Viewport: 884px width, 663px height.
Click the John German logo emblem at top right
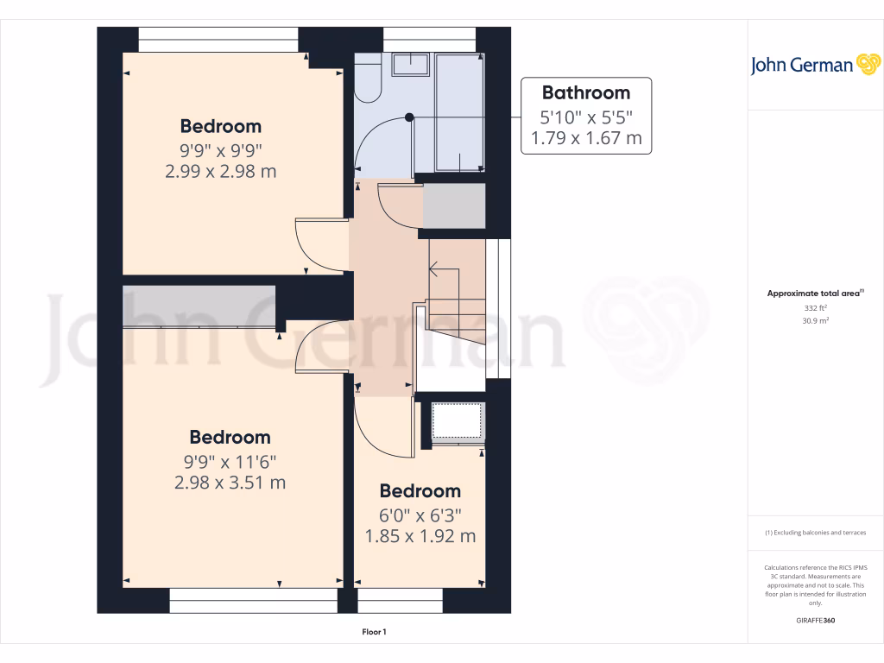click(x=867, y=65)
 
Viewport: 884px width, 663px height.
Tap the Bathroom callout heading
click(x=585, y=92)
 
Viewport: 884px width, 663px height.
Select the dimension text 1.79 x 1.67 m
click(x=585, y=137)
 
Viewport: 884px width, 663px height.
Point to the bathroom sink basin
click(x=410, y=65)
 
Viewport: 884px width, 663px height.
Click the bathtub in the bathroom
click(x=459, y=112)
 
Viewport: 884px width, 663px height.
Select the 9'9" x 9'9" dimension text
click(x=220, y=148)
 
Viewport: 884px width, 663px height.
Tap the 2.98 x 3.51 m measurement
click(x=230, y=483)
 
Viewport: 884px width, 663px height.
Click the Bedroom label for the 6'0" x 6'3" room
click(x=420, y=491)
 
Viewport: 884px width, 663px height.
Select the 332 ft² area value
click(x=815, y=307)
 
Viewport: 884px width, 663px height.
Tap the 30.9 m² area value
click(x=815, y=320)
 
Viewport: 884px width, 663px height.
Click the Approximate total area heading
click(x=814, y=294)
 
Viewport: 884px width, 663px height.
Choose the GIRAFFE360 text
click(x=816, y=621)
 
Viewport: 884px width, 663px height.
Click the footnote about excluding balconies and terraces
click(x=816, y=533)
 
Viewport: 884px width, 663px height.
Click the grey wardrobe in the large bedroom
click(x=199, y=306)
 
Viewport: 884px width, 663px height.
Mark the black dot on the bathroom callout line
click(x=410, y=117)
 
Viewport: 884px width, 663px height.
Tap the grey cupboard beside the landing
click(x=453, y=205)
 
